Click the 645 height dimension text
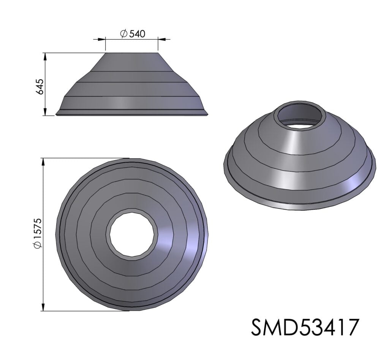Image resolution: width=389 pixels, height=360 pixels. (40, 86)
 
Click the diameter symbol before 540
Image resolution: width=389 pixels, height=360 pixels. (123, 33)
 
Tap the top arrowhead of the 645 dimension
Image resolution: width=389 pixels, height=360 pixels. (45, 57)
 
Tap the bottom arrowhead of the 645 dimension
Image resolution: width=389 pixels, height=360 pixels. (45, 111)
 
